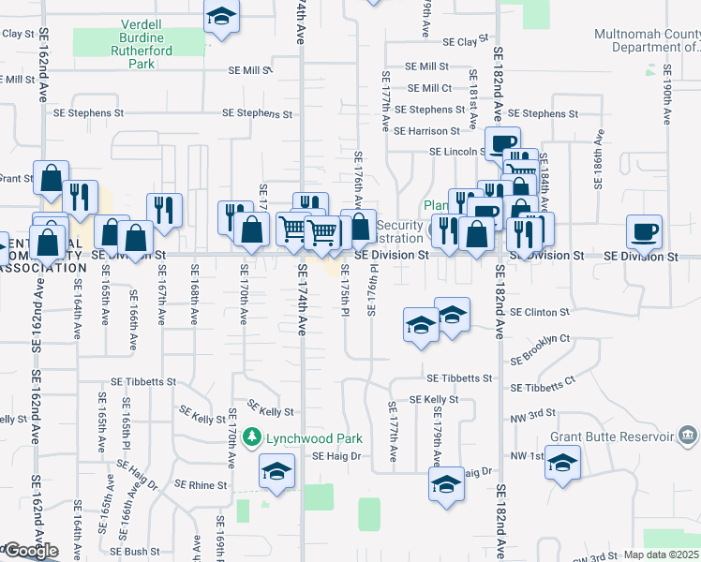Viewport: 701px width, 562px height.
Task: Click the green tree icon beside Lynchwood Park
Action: pyautogui.click(x=251, y=437)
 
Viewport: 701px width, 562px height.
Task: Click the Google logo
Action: pyautogui.click(x=30, y=551)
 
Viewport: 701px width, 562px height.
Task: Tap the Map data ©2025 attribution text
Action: pyautogui.click(x=662, y=555)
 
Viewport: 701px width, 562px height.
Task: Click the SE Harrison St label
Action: pyautogui.click(x=426, y=131)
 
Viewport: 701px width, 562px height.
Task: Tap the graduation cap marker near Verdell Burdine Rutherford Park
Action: pyautogui.click(x=221, y=17)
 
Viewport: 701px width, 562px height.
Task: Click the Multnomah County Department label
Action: pyautogui.click(x=647, y=40)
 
